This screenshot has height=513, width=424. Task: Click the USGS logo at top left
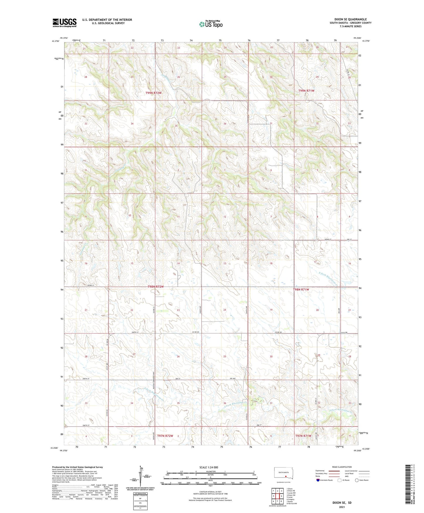[65, 23]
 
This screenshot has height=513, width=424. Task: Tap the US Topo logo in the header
[211, 24]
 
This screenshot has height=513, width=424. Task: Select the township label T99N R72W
[153, 93]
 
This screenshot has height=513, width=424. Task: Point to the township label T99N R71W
[306, 91]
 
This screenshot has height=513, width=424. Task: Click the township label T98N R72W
[155, 286]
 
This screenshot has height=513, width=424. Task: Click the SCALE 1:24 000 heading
[209, 467]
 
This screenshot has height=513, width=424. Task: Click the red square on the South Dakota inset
[286, 477]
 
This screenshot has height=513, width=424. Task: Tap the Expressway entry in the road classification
[320, 471]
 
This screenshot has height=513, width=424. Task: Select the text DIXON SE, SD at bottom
[342, 503]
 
